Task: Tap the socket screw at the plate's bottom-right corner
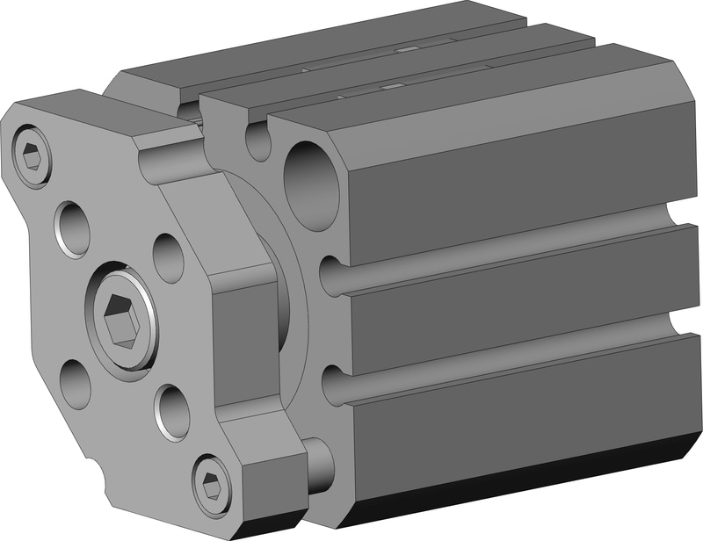point(212,483)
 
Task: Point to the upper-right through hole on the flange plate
point(168,256)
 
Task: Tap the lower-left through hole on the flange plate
point(76,384)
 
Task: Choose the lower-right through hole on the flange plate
point(172,412)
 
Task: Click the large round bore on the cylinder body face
point(311,184)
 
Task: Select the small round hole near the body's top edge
point(258,141)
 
